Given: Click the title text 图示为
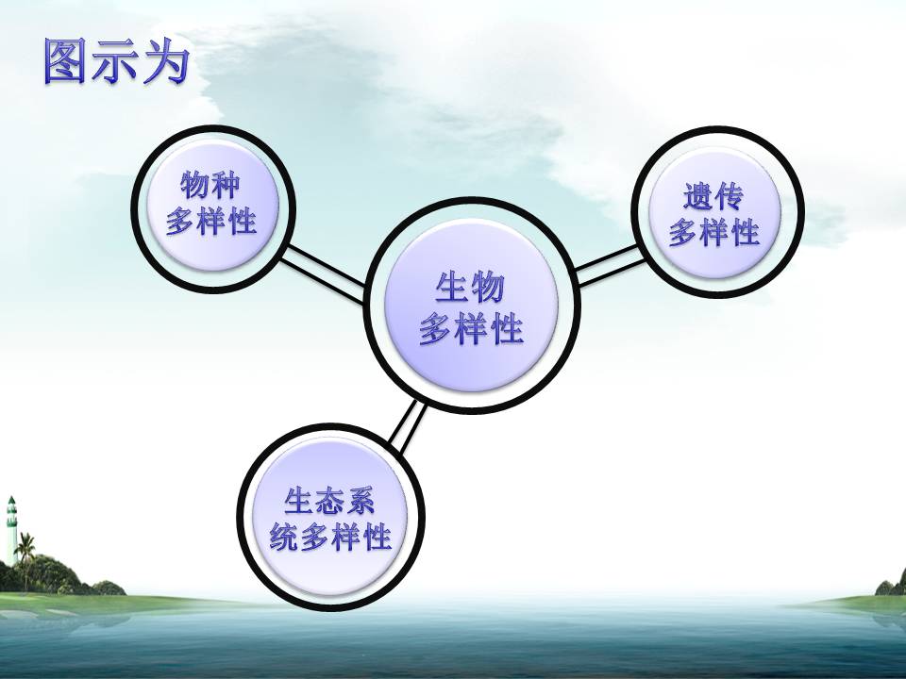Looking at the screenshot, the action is (117, 61).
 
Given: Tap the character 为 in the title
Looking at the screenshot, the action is (166, 61).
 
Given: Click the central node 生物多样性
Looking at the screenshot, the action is (472, 306).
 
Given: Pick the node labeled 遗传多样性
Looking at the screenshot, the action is (717, 212).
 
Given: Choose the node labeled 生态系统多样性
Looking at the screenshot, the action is (331, 518).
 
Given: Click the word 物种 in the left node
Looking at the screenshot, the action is (210, 186).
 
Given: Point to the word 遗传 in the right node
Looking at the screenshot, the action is (713, 196).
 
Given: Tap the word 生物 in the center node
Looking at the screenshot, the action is (470, 287).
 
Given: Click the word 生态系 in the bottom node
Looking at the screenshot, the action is (329, 501).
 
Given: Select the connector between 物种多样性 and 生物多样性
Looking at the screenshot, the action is (322, 273).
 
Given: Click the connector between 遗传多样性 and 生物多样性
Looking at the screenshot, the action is (611, 265).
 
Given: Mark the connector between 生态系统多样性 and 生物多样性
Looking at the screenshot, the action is (408, 426).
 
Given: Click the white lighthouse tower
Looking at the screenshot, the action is (11, 529).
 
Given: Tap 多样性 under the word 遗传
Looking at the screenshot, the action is (714, 232).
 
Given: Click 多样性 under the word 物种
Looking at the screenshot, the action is (211, 221).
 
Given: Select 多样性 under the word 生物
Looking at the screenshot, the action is (472, 328).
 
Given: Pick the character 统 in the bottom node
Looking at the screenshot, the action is (284, 537).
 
